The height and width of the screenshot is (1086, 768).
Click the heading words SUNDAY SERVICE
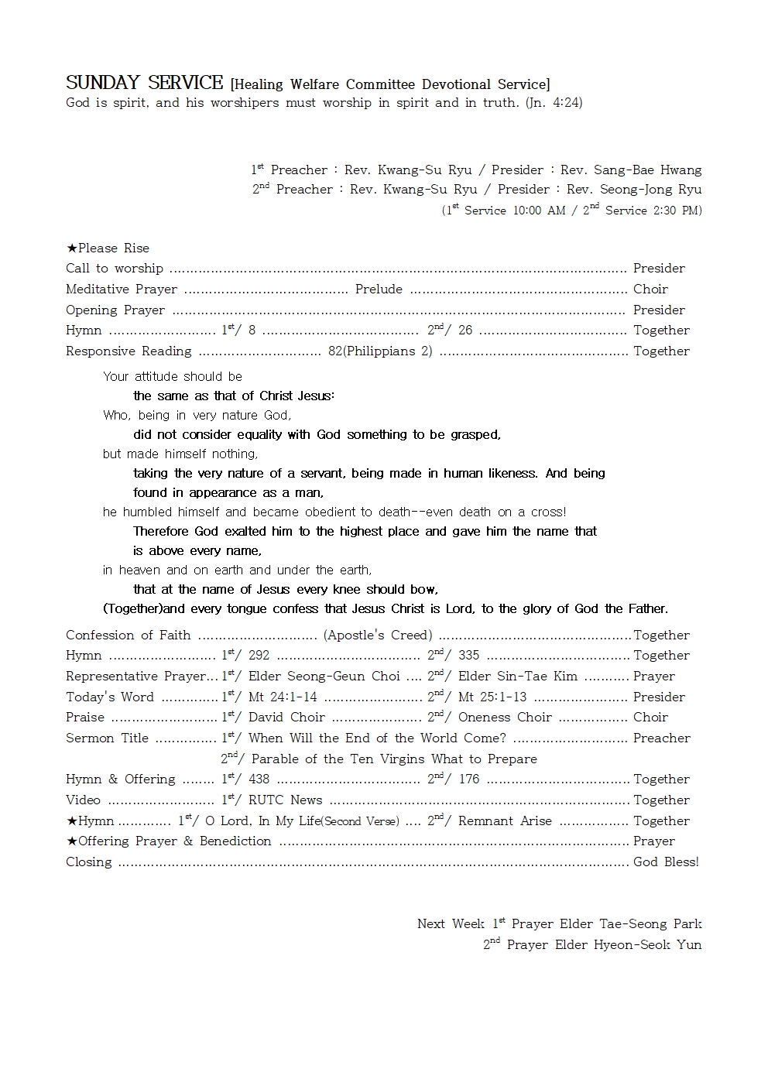pyautogui.click(x=145, y=83)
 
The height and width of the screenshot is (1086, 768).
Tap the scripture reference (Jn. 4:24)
pyautogui.click(x=554, y=103)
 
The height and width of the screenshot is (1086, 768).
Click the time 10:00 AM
pyautogui.click(x=539, y=211)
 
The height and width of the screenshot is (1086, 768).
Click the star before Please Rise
pyautogui.click(x=72, y=248)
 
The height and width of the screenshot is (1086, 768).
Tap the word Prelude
pyautogui.click(x=379, y=289)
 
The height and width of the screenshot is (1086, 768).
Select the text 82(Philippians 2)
pyautogui.click(x=380, y=351)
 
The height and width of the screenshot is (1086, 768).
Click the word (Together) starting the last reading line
pyautogui.click(x=133, y=609)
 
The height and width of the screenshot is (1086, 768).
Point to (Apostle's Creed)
pyautogui.click(x=378, y=635)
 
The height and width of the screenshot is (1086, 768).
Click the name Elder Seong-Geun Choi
pyautogui.click(x=324, y=677)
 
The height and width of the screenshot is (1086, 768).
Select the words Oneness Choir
pyautogui.click(x=505, y=718)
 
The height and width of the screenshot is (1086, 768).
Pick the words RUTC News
pyautogui.click(x=285, y=800)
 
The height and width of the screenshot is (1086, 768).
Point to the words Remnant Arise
pyautogui.click(x=505, y=821)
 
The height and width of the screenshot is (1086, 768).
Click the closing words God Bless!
pyautogui.click(x=666, y=862)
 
